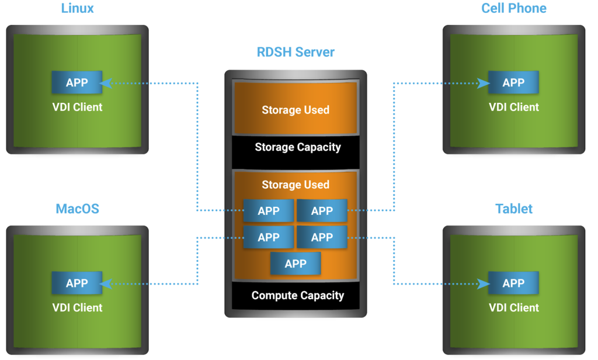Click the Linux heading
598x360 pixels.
tap(77, 9)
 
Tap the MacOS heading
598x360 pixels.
tap(77, 209)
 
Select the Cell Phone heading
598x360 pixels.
tap(514, 9)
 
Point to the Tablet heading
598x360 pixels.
tap(514, 209)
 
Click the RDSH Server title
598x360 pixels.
tap(295, 52)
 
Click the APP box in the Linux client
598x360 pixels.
tap(77, 83)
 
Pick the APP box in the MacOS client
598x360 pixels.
tap(77, 283)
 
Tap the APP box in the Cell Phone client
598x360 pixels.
tap(513, 83)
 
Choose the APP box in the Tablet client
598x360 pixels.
tap(513, 283)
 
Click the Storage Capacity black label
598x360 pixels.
tap(297, 147)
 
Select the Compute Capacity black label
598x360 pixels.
tap(297, 296)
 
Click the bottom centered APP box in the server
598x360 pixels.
tap(295, 264)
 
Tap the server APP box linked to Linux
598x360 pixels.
tap(269, 211)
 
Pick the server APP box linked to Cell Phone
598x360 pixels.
tap(322, 211)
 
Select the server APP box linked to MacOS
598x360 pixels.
tap(269, 237)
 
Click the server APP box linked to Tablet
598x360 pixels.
tap(322, 237)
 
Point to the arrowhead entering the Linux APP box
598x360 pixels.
tap(106, 84)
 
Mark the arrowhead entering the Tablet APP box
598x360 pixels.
tap(484, 284)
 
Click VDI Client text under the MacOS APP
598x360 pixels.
tap(77, 308)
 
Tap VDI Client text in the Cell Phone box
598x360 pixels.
tap(513, 108)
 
